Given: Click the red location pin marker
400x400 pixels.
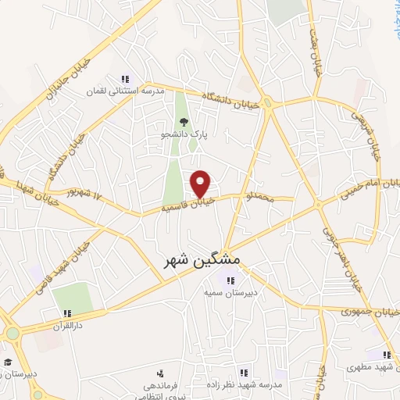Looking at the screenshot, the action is [x=201, y=184].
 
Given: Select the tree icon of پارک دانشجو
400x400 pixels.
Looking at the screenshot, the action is [x=184, y=121].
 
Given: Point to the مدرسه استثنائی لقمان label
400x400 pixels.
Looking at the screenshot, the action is [x=125, y=91].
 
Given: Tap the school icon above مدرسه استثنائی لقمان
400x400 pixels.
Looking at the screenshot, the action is [x=124, y=79].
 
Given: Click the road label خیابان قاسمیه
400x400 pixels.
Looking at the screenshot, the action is [x=187, y=207].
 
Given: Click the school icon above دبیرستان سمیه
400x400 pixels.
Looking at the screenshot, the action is [x=230, y=281].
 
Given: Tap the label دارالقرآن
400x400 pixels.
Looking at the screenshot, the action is [x=67, y=324].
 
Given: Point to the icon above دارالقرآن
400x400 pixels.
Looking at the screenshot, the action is [x=67, y=312].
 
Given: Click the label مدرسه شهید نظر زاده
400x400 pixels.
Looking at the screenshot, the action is [x=244, y=386].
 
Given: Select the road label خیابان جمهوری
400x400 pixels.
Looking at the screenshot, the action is [x=370, y=312].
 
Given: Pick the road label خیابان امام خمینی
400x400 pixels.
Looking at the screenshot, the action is [x=368, y=187].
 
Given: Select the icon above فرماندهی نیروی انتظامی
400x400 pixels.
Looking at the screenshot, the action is [x=160, y=373].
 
